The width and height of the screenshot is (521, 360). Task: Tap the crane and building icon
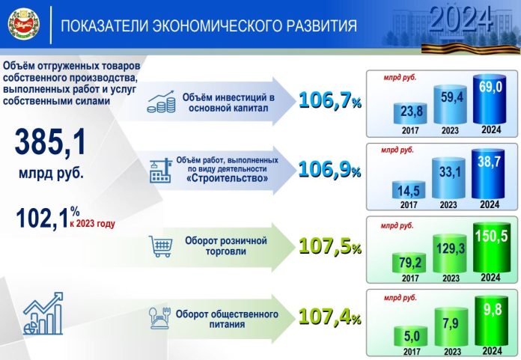coord(161,168)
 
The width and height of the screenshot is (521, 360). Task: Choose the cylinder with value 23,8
coord(409,114)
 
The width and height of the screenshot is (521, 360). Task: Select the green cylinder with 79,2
coord(409,263)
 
